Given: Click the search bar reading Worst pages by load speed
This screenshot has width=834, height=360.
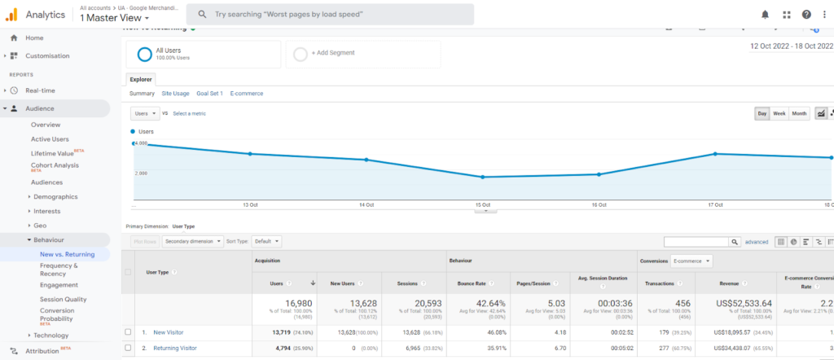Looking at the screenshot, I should pyautogui.click(x=330, y=15).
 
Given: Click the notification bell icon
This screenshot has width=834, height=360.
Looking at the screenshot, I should pyautogui.click(x=765, y=15).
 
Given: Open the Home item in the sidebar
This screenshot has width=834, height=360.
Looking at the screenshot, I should pyautogui.click(x=34, y=37).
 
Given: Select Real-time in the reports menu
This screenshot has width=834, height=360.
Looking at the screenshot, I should pyautogui.click(x=41, y=90).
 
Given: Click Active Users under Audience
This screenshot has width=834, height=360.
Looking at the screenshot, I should pyautogui.click(x=50, y=139).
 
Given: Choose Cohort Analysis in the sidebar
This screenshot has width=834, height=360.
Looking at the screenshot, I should pyautogui.click(x=55, y=165).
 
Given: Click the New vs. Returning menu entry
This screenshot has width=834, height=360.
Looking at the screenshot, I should pyautogui.click(x=67, y=254).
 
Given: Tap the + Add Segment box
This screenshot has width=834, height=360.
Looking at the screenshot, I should pyautogui.click(x=362, y=55).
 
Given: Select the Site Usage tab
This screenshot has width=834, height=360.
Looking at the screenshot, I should pyautogui.click(x=175, y=94).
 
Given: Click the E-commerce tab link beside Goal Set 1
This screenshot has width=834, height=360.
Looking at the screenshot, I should pyautogui.click(x=246, y=94).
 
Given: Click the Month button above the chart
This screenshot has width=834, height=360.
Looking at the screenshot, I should pyautogui.click(x=800, y=113).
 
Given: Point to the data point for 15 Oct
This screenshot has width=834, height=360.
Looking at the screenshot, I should pyautogui.click(x=483, y=177).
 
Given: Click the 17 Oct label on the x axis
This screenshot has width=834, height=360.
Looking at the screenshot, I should pyautogui.click(x=716, y=204).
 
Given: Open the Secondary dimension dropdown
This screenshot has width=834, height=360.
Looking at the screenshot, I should pyautogui.click(x=191, y=241).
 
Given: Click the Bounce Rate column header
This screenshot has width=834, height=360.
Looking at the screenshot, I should pyautogui.click(x=472, y=283).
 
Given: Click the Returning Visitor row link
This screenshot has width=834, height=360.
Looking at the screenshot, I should pyautogui.click(x=175, y=348).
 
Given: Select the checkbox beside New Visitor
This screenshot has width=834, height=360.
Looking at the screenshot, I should pyautogui.click(x=128, y=332).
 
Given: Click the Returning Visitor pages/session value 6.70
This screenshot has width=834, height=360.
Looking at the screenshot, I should pyautogui.click(x=536, y=348).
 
